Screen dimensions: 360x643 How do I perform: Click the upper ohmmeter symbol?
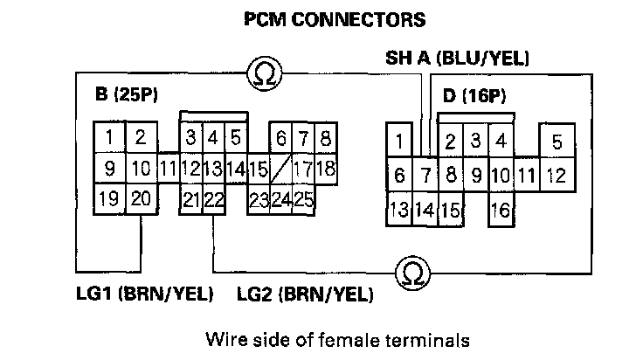pos(261,75)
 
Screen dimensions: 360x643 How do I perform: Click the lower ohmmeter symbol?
pos(409,273)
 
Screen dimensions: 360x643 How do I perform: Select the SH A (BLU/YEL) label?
pos(458,59)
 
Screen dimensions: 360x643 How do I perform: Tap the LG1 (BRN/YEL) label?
pos(145,294)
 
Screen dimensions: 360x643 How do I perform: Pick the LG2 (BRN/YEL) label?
pos(304,294)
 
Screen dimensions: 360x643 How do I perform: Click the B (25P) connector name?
pos(128,93)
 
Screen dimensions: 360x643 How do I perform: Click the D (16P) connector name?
pos(474,95)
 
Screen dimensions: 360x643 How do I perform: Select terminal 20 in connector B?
pos(140,199)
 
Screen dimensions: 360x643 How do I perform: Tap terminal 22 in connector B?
pos(213,199)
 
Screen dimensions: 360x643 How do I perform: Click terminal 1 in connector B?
pos(108,137)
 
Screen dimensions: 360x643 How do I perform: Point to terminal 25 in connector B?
pos(303,198)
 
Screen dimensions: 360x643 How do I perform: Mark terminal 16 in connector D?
pos(501,209)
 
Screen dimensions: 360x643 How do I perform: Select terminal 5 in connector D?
pos(557,142)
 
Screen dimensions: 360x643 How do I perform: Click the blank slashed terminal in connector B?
pos(280,168)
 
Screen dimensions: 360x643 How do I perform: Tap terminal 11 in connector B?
pos(169,168)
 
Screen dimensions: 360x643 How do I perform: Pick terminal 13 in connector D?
pos(399,209)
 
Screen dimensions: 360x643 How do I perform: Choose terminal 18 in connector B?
pos(325,168)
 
